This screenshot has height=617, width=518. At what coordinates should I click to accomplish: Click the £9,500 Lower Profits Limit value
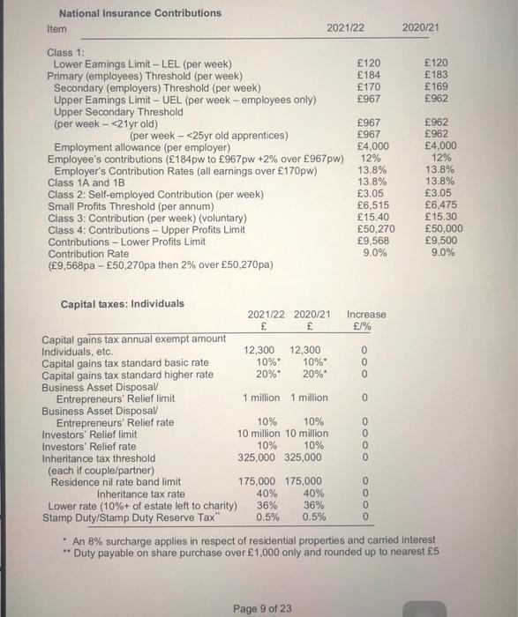[437, 240]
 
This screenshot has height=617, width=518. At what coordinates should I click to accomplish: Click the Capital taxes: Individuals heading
[123, 304]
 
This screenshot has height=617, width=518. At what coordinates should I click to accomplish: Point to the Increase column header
[365, 315]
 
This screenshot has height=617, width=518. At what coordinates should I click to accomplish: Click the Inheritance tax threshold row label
[98, 457]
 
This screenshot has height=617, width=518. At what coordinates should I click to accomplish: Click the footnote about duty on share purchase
[251, 552]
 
